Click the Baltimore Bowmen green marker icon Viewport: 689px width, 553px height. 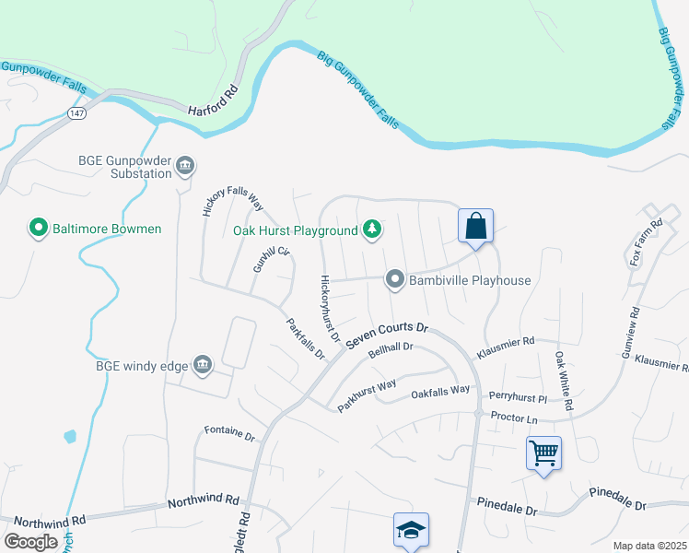(x=39, y=228)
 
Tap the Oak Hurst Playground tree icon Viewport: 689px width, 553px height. (x=371, y=229)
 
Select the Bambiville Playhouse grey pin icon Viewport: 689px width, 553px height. (x=395, y=279)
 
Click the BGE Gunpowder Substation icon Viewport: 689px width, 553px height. (x=185, y=166)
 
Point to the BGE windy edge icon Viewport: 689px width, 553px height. (x=202, y=366)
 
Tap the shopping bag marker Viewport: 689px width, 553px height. (x=475, y=227)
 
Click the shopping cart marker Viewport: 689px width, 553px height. (x=543, y=453)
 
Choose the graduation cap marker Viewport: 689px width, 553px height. (x=411, y=530)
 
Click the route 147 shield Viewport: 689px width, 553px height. (x=76, y=112)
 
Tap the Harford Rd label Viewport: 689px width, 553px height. (x=213, y=101)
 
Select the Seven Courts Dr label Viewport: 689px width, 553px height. (x=388, y=334)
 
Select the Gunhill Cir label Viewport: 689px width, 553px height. (x=271, y=259)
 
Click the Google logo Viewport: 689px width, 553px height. (x=31, y=542)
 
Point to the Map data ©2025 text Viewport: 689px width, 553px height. (x=648, y=546)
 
